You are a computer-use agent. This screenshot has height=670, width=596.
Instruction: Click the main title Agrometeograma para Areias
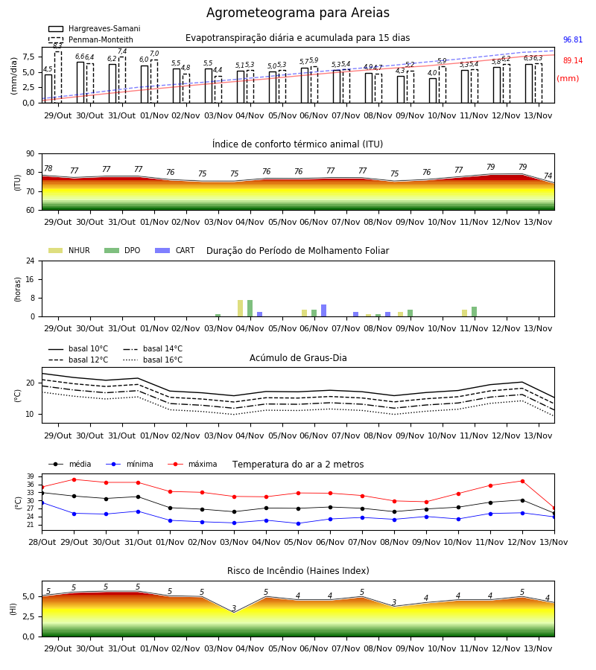point(297,13)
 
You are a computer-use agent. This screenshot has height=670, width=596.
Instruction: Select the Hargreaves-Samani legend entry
point(94,28)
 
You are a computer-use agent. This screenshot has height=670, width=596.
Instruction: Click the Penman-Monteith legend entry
point(91,39)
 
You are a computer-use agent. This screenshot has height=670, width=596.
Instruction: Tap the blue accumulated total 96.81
point(572,39)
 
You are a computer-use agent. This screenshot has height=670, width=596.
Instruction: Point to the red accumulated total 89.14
point(572,61)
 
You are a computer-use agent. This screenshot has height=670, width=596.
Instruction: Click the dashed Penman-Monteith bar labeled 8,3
point(58,77)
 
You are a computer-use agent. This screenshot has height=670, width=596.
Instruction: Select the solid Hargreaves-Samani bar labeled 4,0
point(433,91)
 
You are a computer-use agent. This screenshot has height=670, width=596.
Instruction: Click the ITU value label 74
point(548,176)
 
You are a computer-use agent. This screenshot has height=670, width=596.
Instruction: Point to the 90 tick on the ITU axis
point(31,154)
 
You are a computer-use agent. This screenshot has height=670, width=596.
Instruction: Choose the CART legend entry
point(175,250)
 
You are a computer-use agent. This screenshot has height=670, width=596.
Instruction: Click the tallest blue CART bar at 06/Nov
point(323,310)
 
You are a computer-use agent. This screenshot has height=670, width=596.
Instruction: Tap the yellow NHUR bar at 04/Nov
point(241,308)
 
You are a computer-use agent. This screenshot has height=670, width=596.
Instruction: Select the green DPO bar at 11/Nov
point(474,312)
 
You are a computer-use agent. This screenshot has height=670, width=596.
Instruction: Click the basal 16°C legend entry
point(153,360)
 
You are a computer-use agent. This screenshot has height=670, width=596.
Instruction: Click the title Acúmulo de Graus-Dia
point(298,358)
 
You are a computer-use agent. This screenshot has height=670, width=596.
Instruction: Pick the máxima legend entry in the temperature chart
point(192,464)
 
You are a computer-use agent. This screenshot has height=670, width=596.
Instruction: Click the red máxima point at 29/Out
point(74,480)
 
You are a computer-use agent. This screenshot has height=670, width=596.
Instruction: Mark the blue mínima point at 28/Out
point(42,503)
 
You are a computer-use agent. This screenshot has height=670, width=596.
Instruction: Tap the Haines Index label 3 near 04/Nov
point(234,608)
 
